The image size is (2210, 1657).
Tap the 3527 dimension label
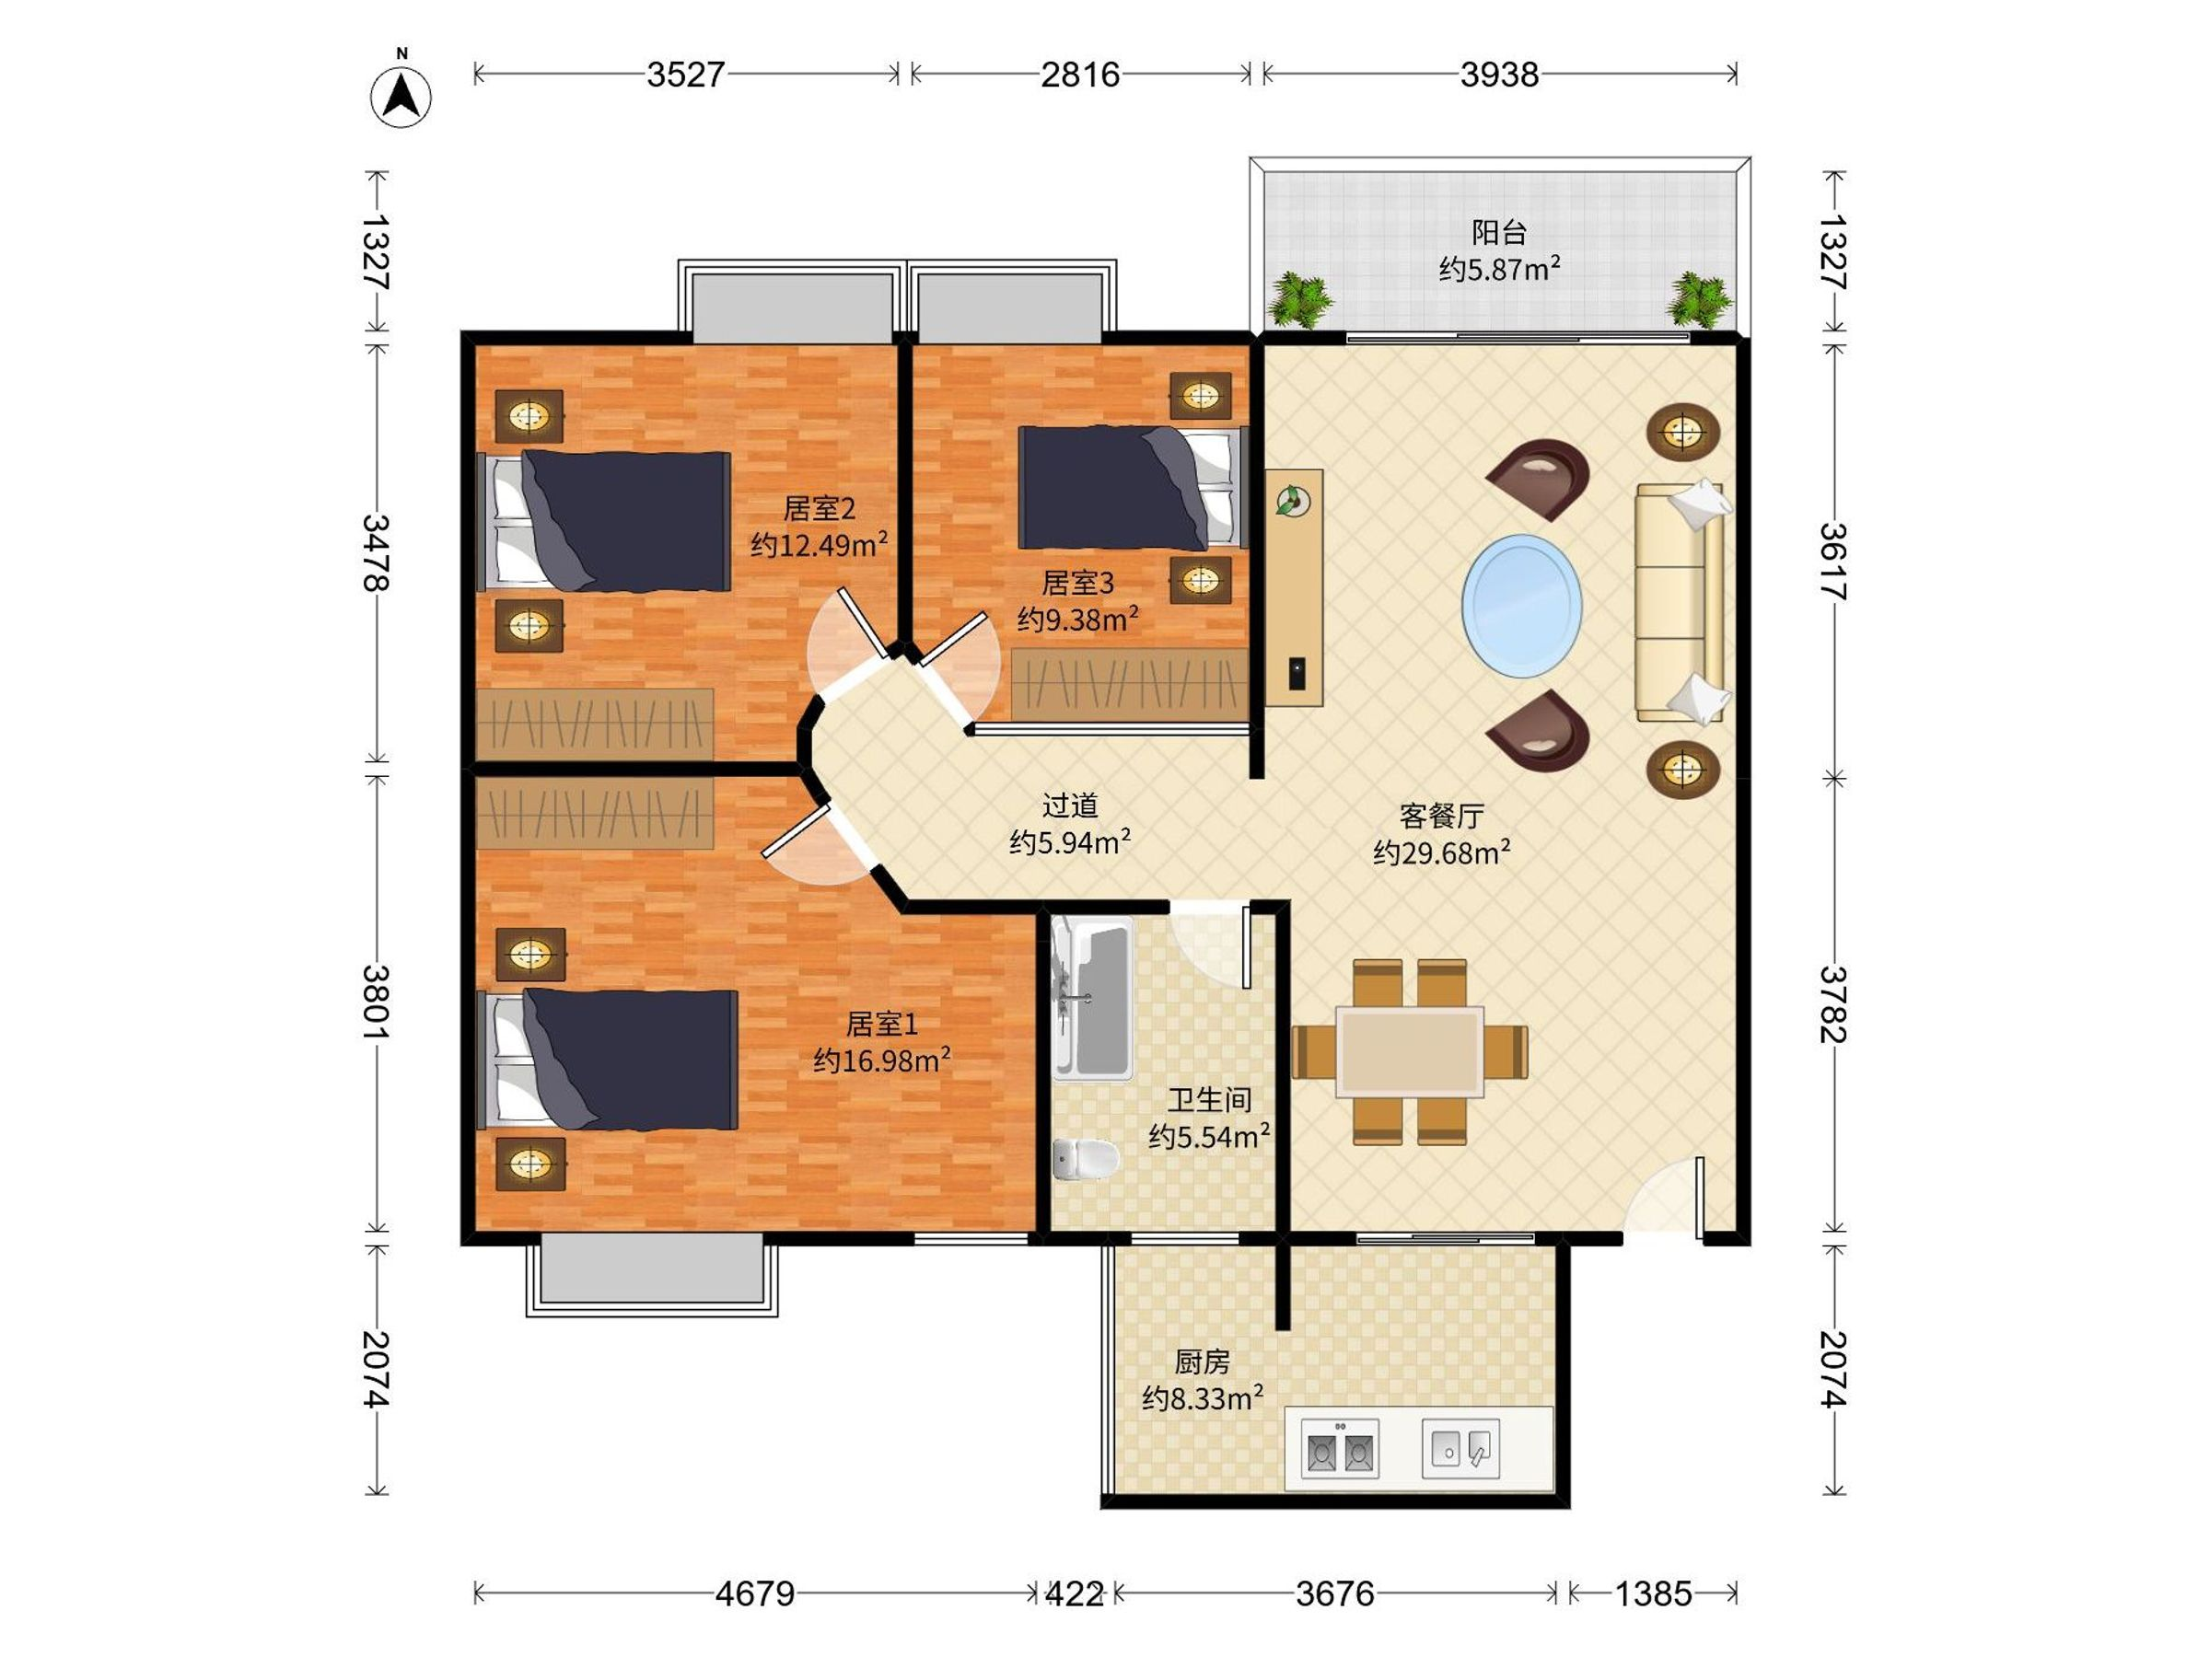pos(685,75)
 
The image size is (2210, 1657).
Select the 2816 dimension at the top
pos(1080,75)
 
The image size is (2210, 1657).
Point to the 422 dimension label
pos(1075,1593)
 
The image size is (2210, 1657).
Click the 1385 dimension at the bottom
pos(1654,1593)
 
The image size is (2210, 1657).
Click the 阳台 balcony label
pos(1500,233)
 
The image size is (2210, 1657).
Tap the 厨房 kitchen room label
pos(1202,1362)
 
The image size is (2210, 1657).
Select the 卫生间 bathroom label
pos(1210,1100)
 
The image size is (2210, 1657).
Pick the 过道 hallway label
pos(1070,805)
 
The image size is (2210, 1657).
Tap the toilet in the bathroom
pos(1086,1159)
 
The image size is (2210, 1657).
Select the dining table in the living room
pos(1410,1051)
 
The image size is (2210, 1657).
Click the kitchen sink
pos(1460,1448)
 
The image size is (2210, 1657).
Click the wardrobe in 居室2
pos(596,724)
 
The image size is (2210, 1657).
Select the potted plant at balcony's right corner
pos(1701,298)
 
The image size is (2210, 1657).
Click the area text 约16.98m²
pos(882,1060)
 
